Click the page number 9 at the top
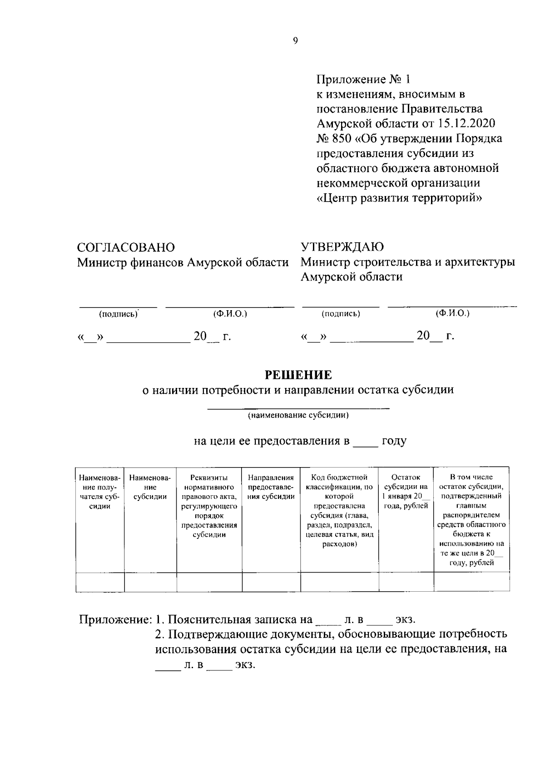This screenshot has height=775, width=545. point(295,41)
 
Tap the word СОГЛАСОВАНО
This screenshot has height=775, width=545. point(126,247)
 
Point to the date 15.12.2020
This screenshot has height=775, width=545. point(467,123)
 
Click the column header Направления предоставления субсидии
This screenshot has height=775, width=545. point(271,487)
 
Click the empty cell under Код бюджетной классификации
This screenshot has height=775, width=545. point(339,582)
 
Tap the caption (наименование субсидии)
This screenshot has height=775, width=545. point(298,415)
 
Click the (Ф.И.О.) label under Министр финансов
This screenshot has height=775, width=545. point(230,314)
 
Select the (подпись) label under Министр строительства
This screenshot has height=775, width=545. point(341,314)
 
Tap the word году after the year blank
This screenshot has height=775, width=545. point(394,441)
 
